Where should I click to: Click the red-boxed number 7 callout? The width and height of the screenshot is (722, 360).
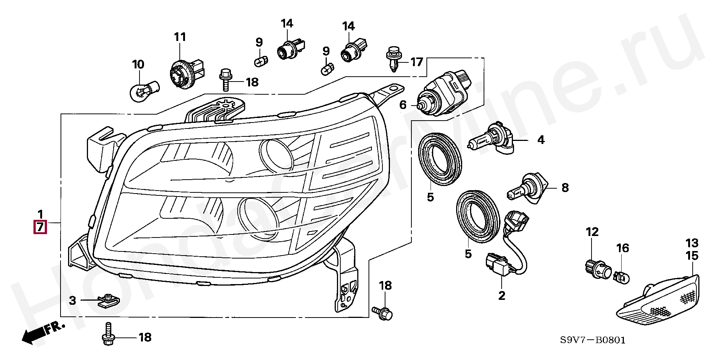[x=40, y=227]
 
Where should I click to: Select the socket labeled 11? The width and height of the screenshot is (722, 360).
[x=186, y=74]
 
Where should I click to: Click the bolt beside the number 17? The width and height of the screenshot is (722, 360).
[x=393, y=59]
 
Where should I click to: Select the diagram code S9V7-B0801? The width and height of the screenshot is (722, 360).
[x=593, y=340]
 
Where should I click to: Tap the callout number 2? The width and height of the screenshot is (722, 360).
[x=502, y=295]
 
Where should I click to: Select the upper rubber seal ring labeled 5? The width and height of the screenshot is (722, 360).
[x=440, y=159]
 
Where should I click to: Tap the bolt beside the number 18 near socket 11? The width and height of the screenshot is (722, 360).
[x=226, y=79]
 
